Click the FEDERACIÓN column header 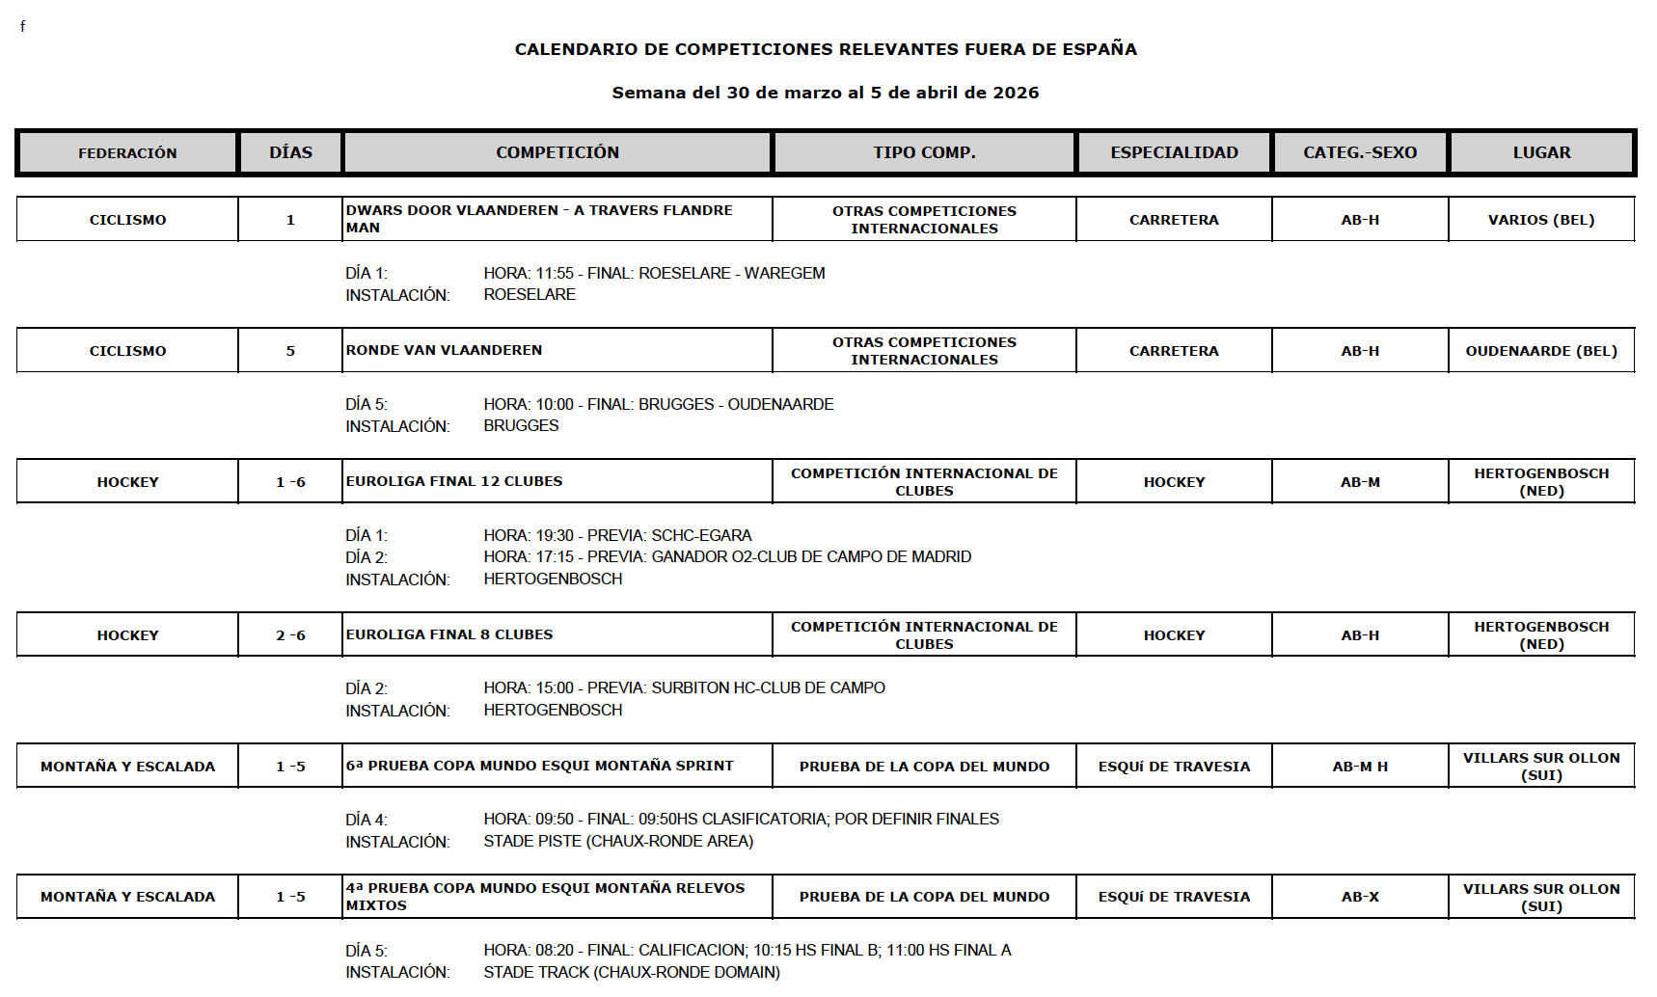point(127,152)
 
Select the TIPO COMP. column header point(924,152)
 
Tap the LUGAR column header point(1541,152)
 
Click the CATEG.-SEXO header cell point(1360,152)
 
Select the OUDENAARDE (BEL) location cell point(1541,351)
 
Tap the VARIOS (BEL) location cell point(1541,220)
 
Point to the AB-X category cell point(1360,897)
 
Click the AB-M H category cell point(1360,767)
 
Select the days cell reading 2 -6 point(290,635)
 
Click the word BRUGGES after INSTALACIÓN point(521,426)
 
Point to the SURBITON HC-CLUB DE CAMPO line point(768,688)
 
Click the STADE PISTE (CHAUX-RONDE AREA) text point(618,842)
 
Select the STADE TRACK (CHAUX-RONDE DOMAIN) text point(632,973)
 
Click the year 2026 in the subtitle point(1016,93)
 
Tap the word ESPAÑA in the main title point(1100,49)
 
